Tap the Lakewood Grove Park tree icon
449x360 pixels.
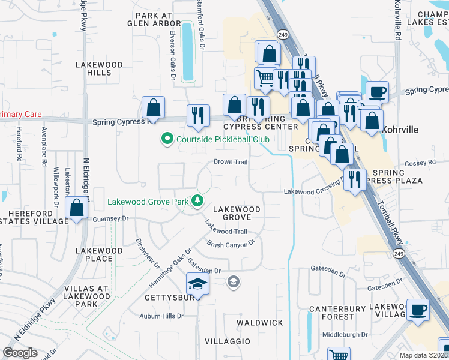197,200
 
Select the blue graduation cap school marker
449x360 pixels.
197,284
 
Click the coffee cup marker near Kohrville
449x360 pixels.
377,92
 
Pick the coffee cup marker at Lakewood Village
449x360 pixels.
418,310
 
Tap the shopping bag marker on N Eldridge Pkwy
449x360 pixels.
77,209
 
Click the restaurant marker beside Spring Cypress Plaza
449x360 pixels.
355,179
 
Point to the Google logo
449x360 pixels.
20,353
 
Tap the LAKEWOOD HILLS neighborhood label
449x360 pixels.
99,68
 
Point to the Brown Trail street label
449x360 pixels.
231,162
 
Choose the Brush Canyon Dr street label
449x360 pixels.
231,244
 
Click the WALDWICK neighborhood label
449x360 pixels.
259,323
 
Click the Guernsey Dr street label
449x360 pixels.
111,220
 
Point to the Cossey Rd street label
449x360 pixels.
424,163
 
